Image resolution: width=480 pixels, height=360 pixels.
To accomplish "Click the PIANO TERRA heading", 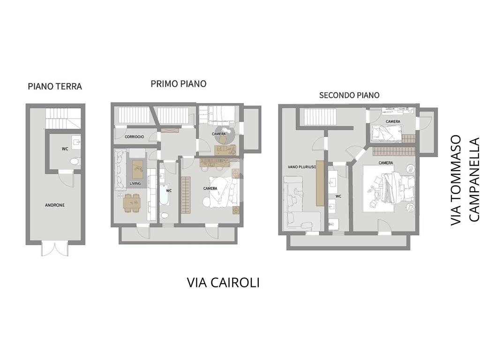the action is (55, 86).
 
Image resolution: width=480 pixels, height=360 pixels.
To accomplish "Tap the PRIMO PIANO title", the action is (179, 83).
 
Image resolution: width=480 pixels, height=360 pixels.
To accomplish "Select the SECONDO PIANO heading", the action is (349, 95).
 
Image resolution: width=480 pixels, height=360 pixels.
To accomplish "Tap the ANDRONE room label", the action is (55, 205).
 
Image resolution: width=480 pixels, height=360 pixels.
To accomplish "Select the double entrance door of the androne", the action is (55, 248).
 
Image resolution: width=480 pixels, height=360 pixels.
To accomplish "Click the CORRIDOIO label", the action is (135, 137).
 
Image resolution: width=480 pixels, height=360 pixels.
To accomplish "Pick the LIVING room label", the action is (135, 183).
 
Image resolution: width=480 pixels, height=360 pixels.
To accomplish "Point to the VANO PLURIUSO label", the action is (302, 167).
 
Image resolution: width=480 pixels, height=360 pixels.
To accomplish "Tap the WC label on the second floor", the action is (338, 196).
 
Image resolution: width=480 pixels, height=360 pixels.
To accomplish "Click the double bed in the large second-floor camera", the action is (390, 188).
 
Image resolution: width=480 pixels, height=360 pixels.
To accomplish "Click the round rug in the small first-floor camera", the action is (225, 135).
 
